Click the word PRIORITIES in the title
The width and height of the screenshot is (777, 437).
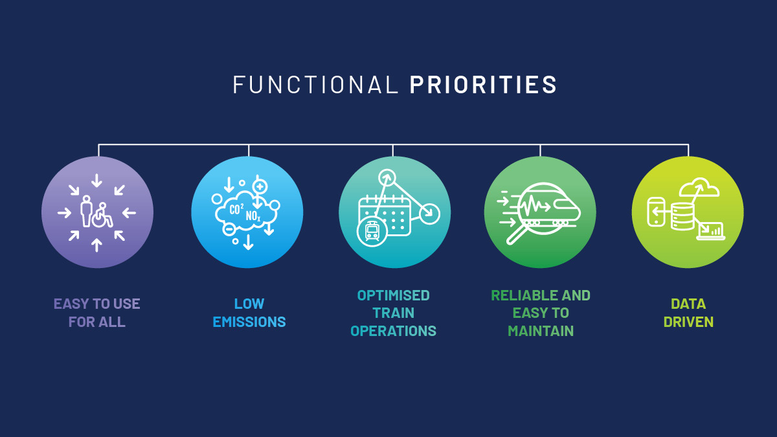(x=483, y=85)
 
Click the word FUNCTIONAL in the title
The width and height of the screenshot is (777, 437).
(x=315, y=85)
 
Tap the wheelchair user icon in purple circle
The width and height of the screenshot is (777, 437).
(x=102, y=214)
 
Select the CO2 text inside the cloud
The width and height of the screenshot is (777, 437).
(x=236, y=209)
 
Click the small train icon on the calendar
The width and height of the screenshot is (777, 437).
(x=372, y=231)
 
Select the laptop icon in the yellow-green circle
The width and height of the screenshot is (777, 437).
(x=710, y=231)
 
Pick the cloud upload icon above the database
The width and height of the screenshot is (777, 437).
(x=699, y=187)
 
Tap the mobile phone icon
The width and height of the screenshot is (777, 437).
(x=656, y=212)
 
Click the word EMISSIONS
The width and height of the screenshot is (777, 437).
(x=249, y=322)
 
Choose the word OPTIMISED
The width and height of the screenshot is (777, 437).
(x=393, y=295)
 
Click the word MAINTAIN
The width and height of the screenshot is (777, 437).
(x=541, y=331)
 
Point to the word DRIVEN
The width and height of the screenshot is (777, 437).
(x=688, y=322)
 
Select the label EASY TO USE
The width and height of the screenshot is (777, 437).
(x=97, y=304)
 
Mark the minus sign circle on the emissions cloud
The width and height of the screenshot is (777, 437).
(x=229, y=229)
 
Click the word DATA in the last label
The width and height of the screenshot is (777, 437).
(x=688, y=304)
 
